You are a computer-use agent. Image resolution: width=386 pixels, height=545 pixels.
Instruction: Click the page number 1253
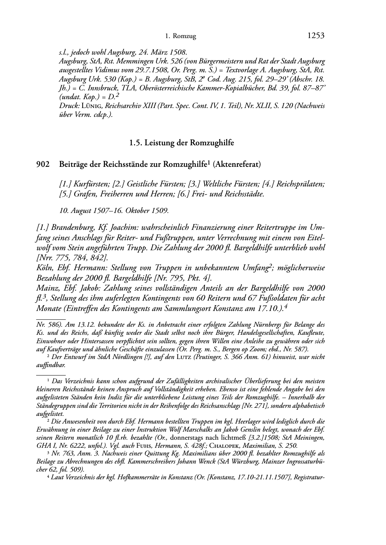[316, 36]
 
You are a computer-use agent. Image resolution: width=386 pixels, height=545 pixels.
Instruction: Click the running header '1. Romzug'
[180, 37]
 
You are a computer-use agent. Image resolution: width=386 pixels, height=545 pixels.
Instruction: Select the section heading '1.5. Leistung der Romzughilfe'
[181, 143]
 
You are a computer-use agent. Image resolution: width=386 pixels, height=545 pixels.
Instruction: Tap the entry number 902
[43, 164]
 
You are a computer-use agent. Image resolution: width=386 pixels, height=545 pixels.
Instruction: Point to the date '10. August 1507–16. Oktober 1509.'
[114, 210]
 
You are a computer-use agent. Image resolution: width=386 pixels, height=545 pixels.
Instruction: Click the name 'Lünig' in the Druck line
[92, 106]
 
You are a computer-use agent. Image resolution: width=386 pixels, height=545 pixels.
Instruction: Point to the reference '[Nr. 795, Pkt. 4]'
[183, 277]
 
